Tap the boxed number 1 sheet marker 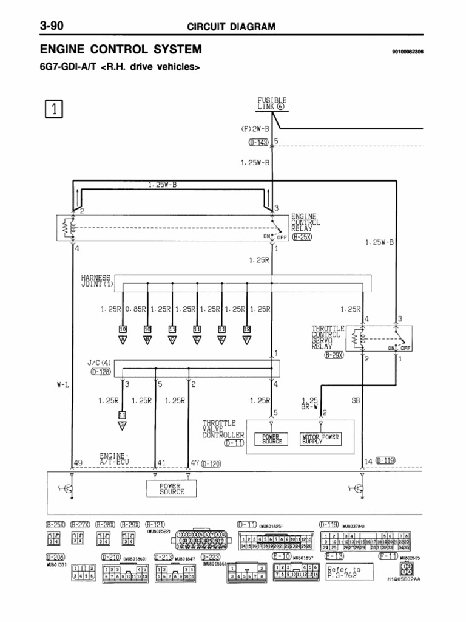(55, 109)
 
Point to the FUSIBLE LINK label (272, 103)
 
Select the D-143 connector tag (260, 143)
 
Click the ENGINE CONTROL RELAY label (305, 222)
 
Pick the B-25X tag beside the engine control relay (302, 237)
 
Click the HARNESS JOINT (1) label (97, 280)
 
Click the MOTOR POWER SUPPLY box (321, 439)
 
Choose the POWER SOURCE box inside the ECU (172, 488)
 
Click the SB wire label (356, 401)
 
